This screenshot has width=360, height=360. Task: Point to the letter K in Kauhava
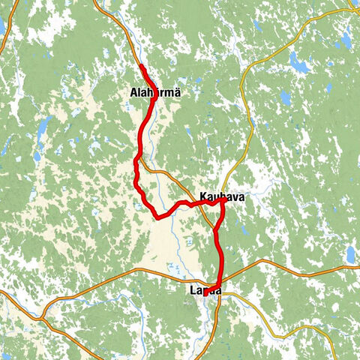202,197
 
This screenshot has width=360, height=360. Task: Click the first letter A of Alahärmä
133,92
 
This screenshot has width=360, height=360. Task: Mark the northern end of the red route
141,67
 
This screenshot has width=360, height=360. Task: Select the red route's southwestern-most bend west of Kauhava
157,217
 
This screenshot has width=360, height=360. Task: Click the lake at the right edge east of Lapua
350,255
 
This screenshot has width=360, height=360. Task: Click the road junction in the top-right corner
351,10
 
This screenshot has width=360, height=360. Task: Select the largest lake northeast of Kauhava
299,65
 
